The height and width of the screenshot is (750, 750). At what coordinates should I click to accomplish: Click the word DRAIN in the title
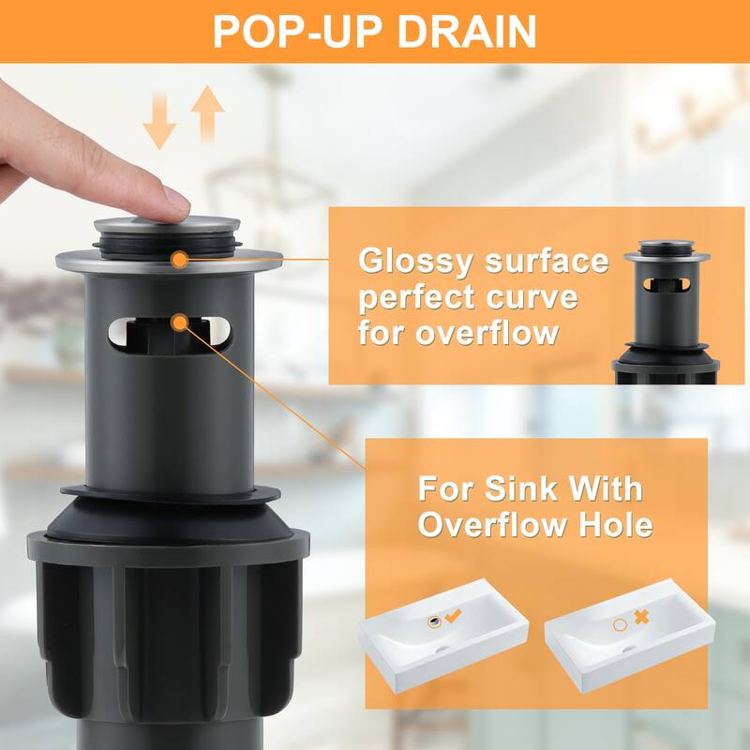[467, 32]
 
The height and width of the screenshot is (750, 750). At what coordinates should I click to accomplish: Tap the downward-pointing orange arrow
[159, 121]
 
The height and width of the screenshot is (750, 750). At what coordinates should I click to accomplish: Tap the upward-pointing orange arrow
[207, 113]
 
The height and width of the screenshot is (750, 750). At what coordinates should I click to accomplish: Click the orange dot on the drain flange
[179, 260]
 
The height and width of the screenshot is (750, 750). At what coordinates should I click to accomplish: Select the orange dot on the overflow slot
[180, 322]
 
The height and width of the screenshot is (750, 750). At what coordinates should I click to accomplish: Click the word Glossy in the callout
[416, 262]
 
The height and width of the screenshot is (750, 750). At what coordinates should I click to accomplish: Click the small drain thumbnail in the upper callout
[666, 312]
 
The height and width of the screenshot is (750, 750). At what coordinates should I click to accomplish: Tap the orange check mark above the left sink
[453, 616]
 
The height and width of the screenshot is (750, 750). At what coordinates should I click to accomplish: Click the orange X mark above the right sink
[642, 617]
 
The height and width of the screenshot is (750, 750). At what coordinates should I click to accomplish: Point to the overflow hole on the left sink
[434, 622]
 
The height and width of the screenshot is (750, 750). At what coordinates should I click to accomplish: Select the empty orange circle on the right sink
[620, 624]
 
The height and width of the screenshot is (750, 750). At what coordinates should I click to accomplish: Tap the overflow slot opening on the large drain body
[170, 334]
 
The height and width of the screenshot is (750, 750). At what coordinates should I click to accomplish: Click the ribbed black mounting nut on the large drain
[169, 637]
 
